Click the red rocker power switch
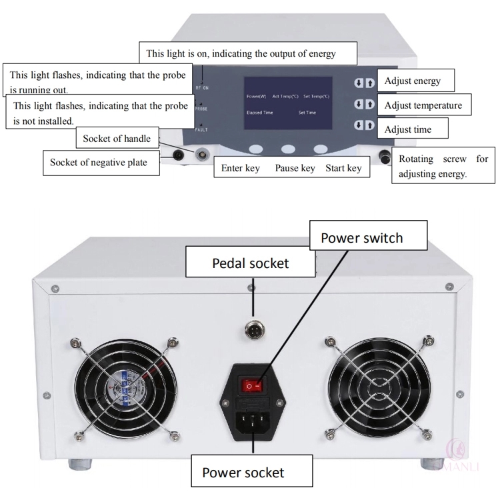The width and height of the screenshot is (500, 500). [x=253, y=385]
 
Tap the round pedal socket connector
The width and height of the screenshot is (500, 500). [x=253, y=328]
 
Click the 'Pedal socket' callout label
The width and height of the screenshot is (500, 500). [x=250, y=263]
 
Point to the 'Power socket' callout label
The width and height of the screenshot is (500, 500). [x=243, y=473]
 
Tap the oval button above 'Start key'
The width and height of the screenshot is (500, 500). [x=321, y=149]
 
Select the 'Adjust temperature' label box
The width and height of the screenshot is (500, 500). [x=423, y=105]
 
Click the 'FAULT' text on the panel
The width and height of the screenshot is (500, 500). [x=202, y=130]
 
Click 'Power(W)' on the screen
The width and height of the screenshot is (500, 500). [x=256, y=97]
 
